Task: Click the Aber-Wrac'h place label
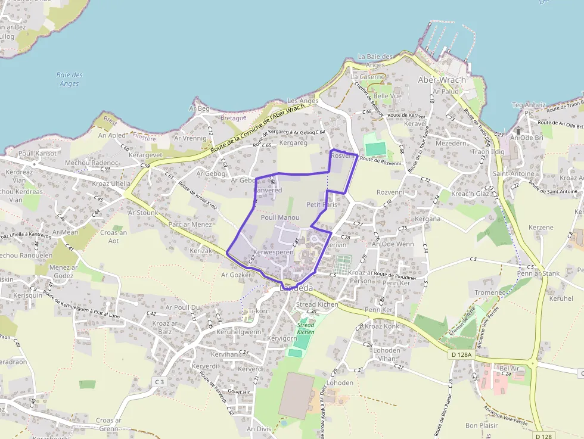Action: click(x=442, y=80)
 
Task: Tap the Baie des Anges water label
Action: click(x=70, y=79)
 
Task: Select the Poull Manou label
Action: click(x=280, y=218)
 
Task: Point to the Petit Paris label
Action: click(x=322, y=204)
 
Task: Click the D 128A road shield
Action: click(x=461, y=355)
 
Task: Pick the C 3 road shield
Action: click(x=159, y=381)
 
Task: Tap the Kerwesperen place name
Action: click(x=274, y=253)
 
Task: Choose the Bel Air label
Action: click(x=511, y=368)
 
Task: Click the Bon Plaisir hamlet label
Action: click(x=481, y=425)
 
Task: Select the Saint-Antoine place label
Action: click(x=514, y=173)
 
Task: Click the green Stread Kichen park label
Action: click(x=305, y=328)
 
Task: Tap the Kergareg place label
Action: click(x=293, y=143)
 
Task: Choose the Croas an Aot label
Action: click(x=114, y=236)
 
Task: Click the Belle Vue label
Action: click(x=387, y=96)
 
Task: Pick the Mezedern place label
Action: click(x=451, y=144)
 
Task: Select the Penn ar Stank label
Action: click(x=539, y=273)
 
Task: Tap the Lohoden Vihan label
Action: click(x=387, y=354)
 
